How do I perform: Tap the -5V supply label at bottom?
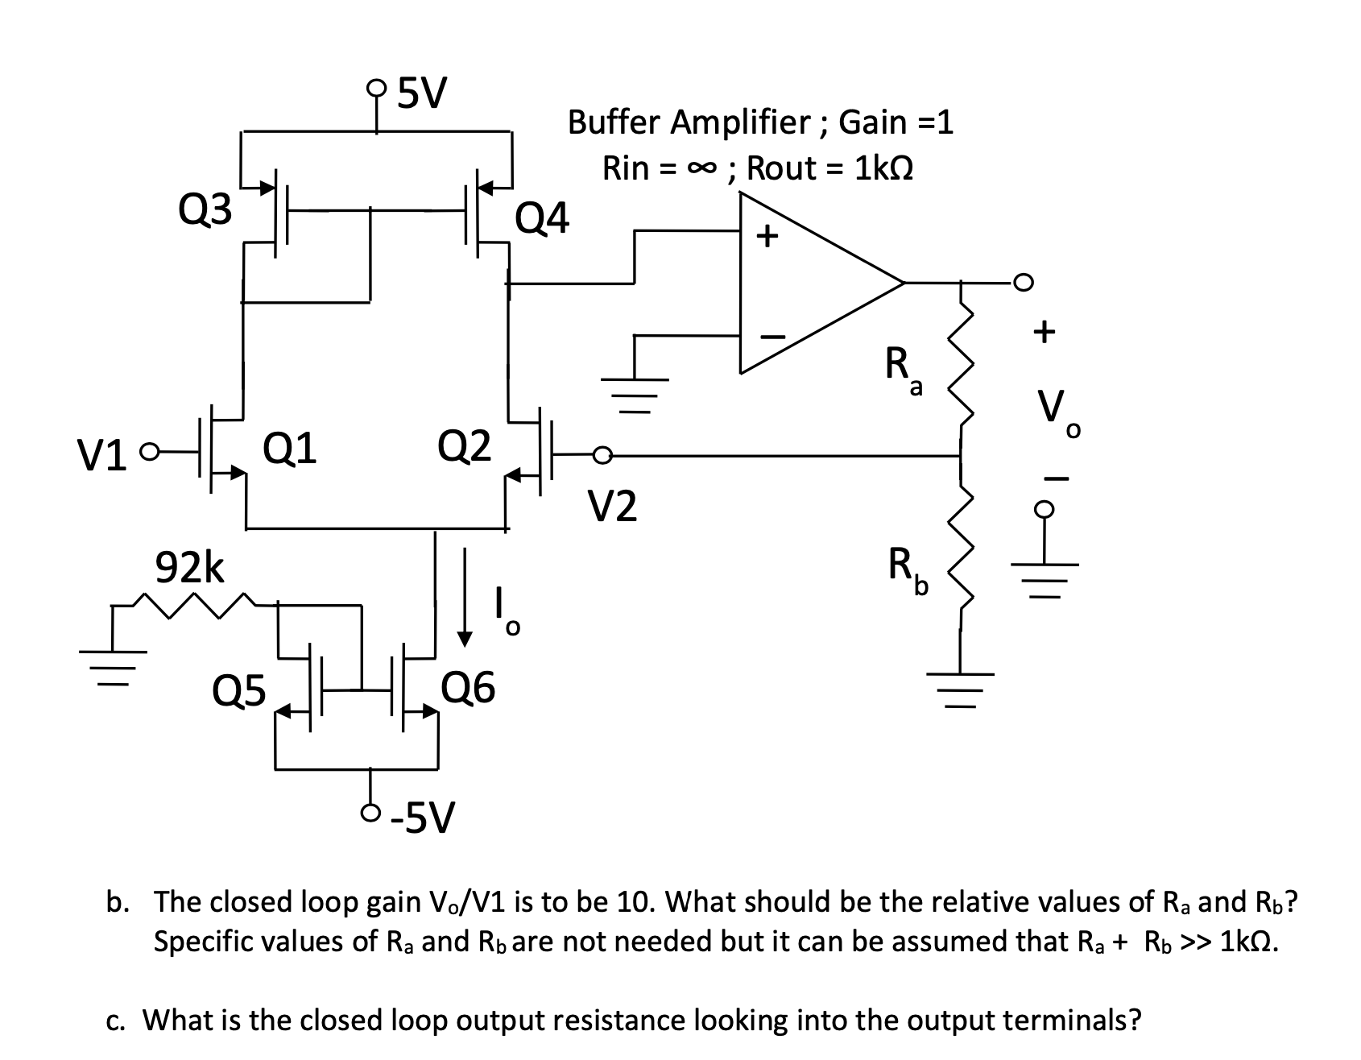(x=423, y=818)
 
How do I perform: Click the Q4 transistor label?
(x=542, y=218)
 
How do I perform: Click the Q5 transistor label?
(x=238, y=690)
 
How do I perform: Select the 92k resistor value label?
(x=190, y=569)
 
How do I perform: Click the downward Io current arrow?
(x=464, y=596)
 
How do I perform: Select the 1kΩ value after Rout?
(x=883, y=169)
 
